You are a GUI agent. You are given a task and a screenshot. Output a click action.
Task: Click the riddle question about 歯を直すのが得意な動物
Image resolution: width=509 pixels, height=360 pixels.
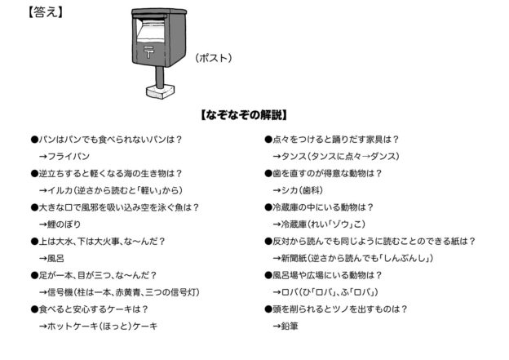327,172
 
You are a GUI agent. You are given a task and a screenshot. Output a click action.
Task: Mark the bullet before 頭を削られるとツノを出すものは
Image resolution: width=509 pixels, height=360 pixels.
268,309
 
